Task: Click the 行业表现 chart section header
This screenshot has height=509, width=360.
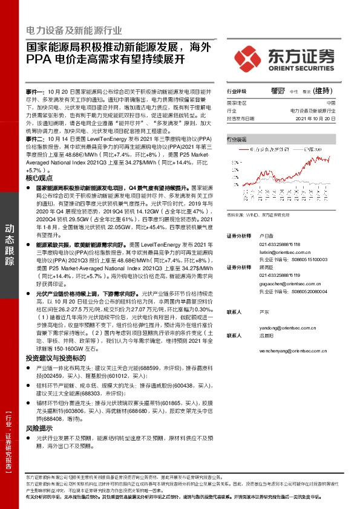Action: click(x=237, y=139)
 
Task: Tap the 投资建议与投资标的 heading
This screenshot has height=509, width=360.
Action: click(x=56, y=358)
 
